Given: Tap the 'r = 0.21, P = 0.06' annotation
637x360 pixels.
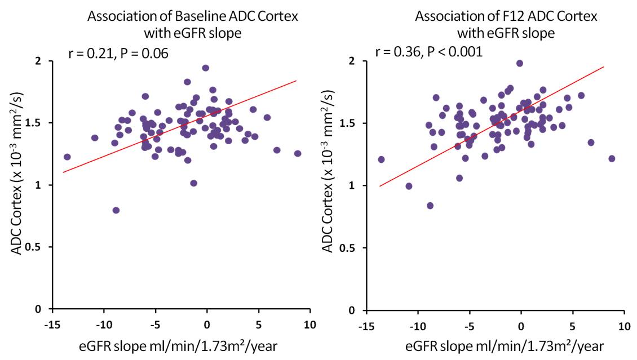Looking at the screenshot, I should click(118, 54).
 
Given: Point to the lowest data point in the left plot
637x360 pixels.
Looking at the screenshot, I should click(116, 210).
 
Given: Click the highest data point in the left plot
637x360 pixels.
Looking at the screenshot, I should click(206, 68).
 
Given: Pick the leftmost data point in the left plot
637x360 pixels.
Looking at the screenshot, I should click(67, 157).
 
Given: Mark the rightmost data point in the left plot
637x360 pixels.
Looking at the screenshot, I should click(298, 153).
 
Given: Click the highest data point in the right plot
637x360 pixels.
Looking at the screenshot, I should click(520, 64).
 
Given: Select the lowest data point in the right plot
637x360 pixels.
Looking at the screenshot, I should click(430, 206).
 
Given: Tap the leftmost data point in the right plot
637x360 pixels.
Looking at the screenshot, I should click(381, 159).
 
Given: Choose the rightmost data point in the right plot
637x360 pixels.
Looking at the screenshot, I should click(612, 159).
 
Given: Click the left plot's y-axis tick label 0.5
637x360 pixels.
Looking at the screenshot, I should click(37, 247).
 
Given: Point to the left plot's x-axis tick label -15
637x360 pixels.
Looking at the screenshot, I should click(52, 325).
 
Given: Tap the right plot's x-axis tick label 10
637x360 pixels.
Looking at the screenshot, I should click(623, 326).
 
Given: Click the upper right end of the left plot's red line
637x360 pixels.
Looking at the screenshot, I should click(297, 81).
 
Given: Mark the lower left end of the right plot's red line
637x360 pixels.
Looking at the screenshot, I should click(380, 185).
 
